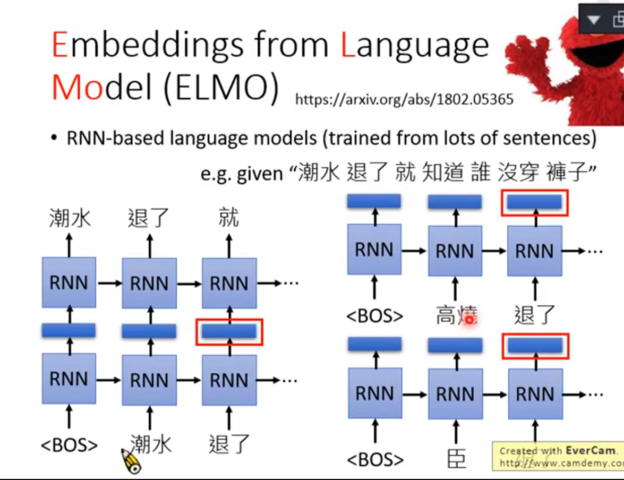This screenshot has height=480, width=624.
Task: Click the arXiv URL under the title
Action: point(404,99)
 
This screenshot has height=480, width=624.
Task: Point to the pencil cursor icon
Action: point(131,460)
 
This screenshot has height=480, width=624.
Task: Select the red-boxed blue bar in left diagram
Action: point(229,331)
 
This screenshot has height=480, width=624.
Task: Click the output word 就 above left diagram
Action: point(229,218)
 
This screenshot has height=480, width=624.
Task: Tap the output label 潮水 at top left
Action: point(70,218)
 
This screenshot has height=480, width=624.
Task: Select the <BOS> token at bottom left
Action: point(70,445)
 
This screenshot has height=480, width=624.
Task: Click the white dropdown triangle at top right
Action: point(593,21)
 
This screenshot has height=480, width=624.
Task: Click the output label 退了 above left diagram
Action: point(148,218)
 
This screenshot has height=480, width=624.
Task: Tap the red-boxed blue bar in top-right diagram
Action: point(535,202)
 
